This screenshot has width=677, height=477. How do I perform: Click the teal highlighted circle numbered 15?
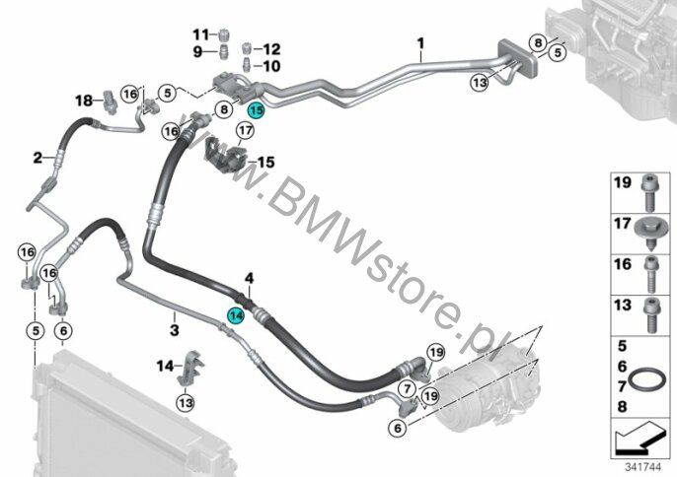[x=256, y=110]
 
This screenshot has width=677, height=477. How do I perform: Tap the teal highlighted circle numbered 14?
[x=236, y=316]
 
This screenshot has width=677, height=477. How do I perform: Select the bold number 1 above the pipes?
[x=420, y=43]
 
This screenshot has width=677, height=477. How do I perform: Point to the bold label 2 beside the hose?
[x=38, y=158]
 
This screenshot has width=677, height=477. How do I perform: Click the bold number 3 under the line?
[x=174, y=330]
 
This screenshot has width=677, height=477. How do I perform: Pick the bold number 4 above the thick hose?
[x=249, y=279]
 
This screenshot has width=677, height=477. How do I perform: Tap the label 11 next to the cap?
[x=200, y=34]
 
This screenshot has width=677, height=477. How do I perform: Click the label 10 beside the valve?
[x=271, y=66]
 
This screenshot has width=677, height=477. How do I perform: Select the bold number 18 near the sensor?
[x=84, y=101]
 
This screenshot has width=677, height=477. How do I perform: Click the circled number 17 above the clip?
[x=245, y=130]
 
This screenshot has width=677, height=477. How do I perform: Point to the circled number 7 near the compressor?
[x=408, y=389]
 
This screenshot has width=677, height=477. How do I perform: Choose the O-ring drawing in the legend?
[x=646, y=379]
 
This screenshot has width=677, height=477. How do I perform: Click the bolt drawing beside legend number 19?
[x=649, y=195]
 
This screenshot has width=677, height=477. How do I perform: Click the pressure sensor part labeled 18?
[x=110, y=101]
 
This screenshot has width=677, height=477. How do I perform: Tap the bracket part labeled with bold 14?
[x=190, y=368]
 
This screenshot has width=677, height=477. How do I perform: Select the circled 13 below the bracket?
[x=186, y=403]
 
